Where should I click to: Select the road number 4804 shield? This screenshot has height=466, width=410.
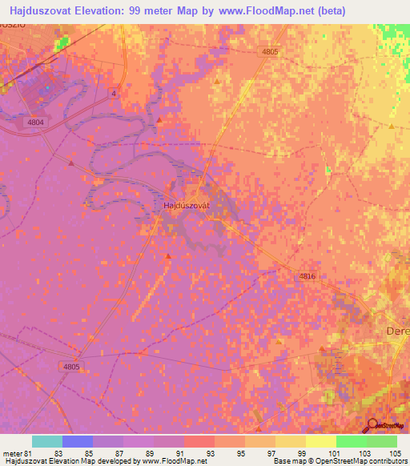(35, 123)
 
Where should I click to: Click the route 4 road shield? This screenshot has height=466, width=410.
(114, 94)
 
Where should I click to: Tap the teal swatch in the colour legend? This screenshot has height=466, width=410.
(47, 441)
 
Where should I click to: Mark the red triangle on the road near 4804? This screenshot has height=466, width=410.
(71, 163)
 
